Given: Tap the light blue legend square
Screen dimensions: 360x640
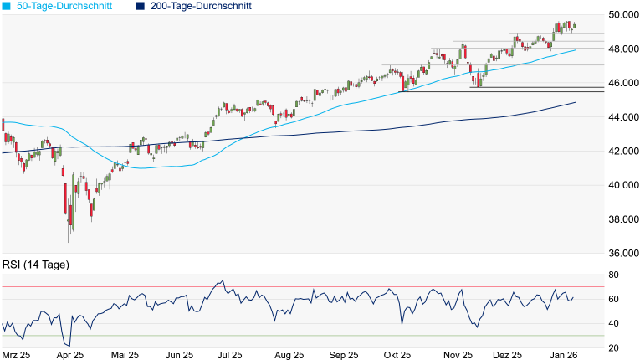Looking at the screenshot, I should click(6, 6).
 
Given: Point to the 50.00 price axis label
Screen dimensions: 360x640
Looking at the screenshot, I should click(620, 15).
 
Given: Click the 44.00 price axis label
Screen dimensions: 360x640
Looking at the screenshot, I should click(620, 117).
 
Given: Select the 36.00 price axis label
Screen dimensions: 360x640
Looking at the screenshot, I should click(620, 254).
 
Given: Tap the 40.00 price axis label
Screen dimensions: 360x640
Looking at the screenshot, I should click(620, 185).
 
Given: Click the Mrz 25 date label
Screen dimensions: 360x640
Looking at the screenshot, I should click(17, 355).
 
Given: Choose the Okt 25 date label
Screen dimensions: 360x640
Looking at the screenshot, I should click(398, 355).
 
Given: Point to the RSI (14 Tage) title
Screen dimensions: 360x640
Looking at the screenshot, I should click(36, 265).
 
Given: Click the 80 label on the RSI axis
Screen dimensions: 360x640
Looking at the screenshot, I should click(613, 275).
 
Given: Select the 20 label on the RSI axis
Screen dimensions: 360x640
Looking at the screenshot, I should click(613, 347).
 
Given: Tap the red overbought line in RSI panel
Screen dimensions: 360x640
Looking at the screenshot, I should click(335, 287).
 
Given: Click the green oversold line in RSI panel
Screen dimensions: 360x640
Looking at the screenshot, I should click(335, 336).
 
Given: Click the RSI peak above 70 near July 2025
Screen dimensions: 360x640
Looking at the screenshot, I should click(221, 280).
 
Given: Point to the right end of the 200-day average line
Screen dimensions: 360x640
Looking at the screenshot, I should click(576, 102).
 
